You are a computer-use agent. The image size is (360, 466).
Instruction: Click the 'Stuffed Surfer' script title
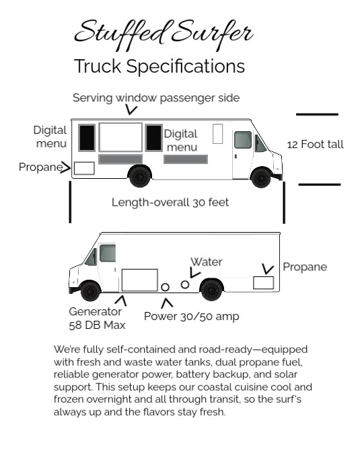pyautogui.click(x=164, y=34)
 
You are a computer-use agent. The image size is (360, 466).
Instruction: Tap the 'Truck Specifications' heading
pyautogui.click(x=159, y=66)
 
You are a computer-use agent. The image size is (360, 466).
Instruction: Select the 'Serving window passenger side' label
pyautogui.click(x=156, y=98)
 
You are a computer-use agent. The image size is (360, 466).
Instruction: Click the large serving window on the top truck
pyautogui.click(x=120, y=137)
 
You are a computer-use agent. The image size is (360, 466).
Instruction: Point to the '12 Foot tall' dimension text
pyautogui.click(x=315, y=145)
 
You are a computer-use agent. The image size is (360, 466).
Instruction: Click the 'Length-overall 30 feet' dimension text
pyautogui.click(x=170, y=202)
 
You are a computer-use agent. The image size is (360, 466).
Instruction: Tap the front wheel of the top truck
pyautogui.click(x=261, y=178)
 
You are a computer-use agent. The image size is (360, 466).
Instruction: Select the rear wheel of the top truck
pyautogui.click(x=139, y=176)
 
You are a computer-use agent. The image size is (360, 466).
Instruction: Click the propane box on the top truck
pyautogui.click(x=84, y=168)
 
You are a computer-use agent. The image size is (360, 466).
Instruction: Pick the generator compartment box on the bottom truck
pyautogui.click(x=140, y=280)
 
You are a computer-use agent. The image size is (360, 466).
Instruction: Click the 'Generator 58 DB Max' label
pyautogui.click(x=97, y=318)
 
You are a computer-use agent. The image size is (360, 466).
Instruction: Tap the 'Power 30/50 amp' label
pyautogui.click(x=192, y=316)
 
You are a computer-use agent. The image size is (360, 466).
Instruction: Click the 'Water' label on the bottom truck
pyautogui.click(x=207, y=262)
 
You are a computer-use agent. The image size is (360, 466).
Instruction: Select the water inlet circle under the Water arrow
pyautogui.click(x=185, y=284)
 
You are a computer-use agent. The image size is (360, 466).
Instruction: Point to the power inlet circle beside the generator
pyautogui.click(x=165, y=287)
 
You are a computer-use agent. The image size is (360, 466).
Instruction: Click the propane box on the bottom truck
pyautogui.click(x=263, y=282)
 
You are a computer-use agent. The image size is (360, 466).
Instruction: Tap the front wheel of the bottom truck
pyautogui.click(x=90, y=291)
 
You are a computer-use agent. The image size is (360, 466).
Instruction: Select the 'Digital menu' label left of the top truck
pyautogui.click(x=50, y=137)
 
